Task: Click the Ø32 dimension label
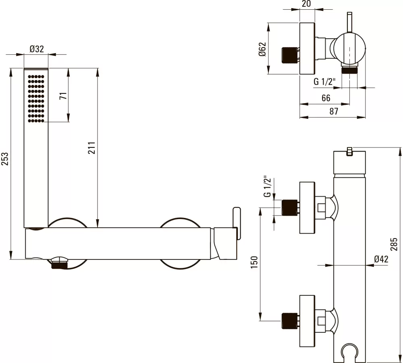(37, 49)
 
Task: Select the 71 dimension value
(62, 96)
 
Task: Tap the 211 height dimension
(91, 148)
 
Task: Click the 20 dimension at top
(306, 4)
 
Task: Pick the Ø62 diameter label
(262, 49)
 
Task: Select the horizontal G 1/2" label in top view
(325, 82)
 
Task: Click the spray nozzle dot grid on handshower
(36, 97)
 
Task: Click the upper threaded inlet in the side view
(289, 207)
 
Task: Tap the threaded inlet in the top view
(289, 55)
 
